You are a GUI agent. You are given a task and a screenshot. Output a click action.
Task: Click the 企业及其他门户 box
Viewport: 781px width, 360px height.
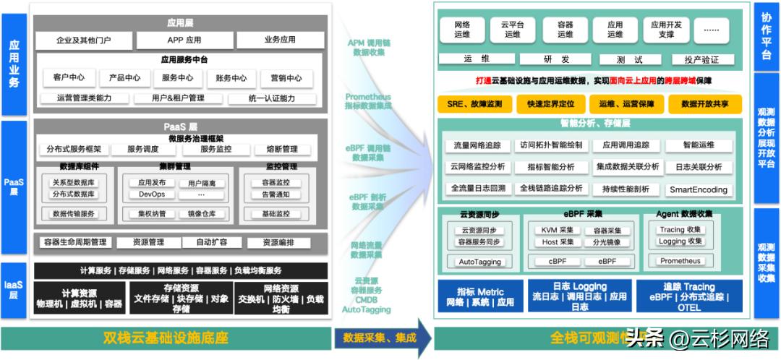tap(84, 40)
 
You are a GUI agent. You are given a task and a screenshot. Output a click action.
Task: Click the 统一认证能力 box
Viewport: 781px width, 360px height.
tap(271, 98)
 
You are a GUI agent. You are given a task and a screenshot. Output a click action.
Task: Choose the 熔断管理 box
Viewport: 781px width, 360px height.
tap(280, 150)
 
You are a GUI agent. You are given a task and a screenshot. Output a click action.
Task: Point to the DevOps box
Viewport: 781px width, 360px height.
tap(152, 194)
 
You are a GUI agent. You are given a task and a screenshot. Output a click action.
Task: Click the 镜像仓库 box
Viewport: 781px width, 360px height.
tap(202, 214)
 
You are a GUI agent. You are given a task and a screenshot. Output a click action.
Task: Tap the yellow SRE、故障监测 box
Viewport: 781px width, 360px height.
tap(474, 104)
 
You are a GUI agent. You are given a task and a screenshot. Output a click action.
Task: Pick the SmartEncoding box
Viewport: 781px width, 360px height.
tap(698, 190)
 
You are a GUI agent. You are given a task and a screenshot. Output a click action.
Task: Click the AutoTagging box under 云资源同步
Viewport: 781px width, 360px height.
tap(479, 261)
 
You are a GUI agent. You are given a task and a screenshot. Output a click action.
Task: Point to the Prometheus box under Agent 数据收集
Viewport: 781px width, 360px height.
tap(680, 261)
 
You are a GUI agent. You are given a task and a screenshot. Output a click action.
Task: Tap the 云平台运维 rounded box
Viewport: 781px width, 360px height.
tap(512, 30)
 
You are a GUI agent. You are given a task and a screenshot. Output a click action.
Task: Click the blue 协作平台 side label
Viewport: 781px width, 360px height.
tap(767, 40)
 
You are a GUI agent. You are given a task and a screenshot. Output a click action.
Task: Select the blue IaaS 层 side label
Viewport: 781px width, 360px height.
tap(14, 287)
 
